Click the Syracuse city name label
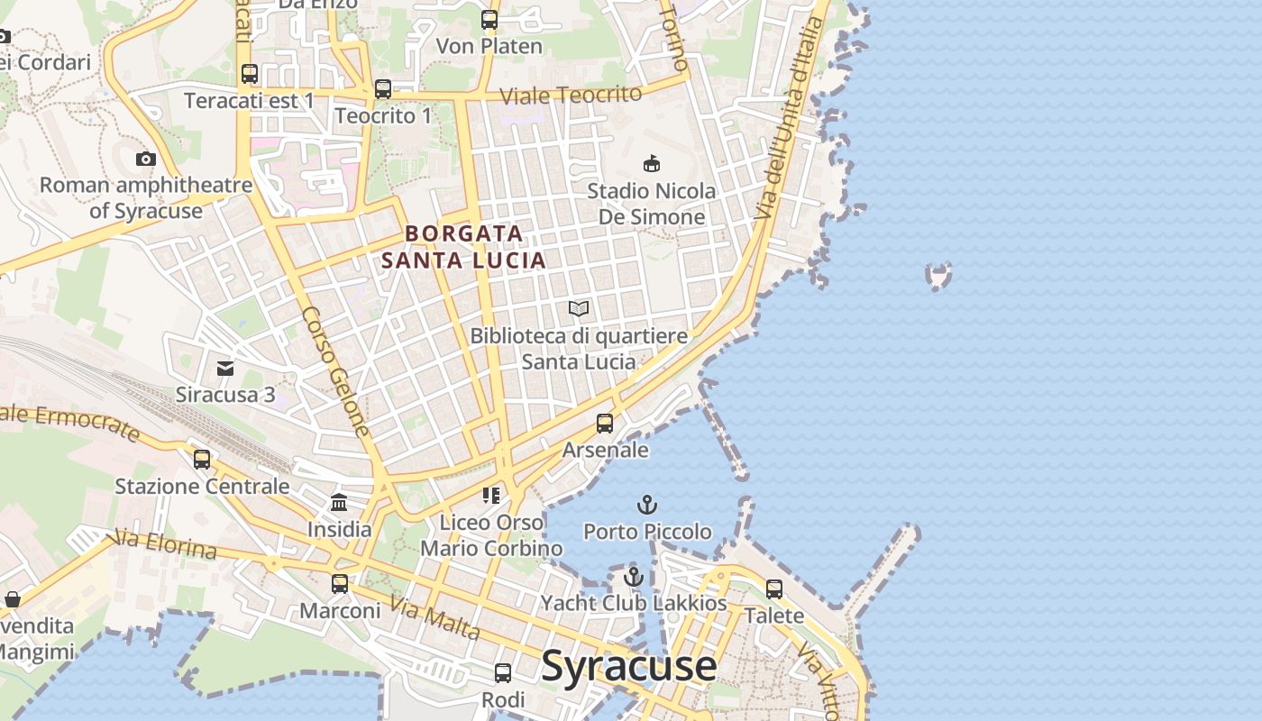[x=628, y=667]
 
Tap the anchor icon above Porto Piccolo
[x=646, y=505]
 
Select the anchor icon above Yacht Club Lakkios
[x=634, y=577]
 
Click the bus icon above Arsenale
[x=605, y=423]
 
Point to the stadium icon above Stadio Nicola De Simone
[x=651, y=163]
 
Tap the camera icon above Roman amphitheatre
[x=145, y=160]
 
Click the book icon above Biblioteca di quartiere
[x=579, y=309]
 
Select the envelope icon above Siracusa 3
[x=225, y=368]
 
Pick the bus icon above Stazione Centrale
[x=202, y=460]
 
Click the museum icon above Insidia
[x=339, y=502]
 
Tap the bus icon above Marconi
[x=339, y=584]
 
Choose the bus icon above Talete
[x=774, y=589]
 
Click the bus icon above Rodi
[x=503, y=672]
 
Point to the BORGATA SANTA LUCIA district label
[x=463, y=247]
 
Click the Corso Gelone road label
[x=335, y=371]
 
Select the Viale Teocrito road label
[x=570, y=95]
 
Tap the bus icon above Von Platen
[x=489, y=19]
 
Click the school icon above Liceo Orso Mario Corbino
[x=491, y=495]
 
